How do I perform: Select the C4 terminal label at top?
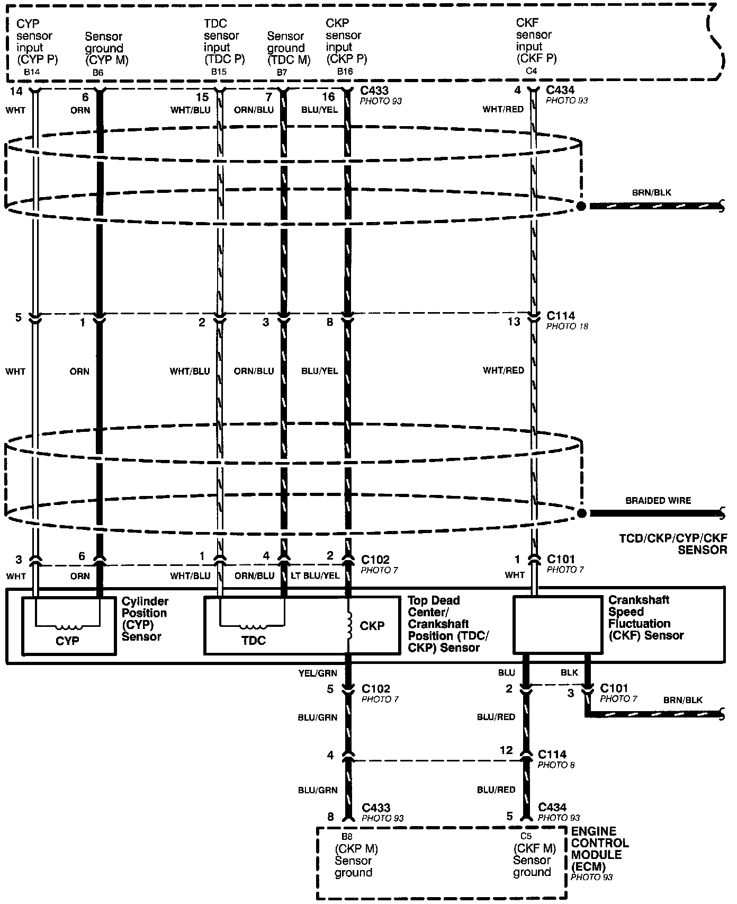click(x=529, y=70)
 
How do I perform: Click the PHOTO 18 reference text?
click(x=567, y=326)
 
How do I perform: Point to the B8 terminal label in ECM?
click(x=347, y=837)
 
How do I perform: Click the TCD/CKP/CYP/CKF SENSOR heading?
click(x=673, y=544)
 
